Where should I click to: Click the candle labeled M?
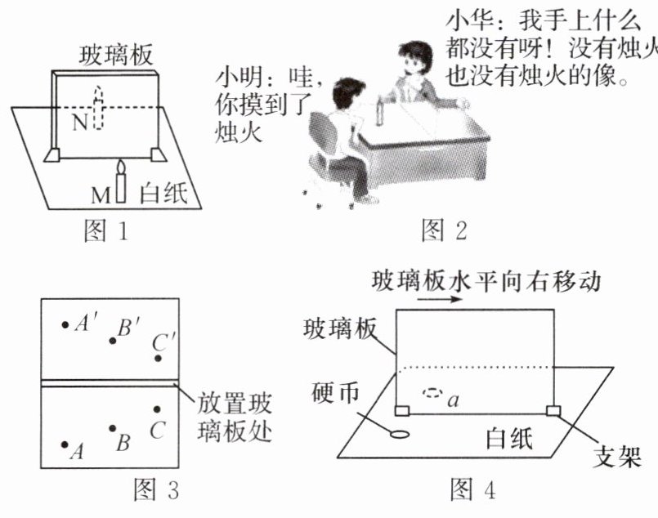click(x=121, y=184)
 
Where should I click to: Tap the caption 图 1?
click(x=107, y=232)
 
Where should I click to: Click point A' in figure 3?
click(x=65, y=324)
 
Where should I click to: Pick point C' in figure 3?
click(x=159, y=358)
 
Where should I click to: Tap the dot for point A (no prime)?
click(x=65, y=444)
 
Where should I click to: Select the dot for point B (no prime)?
click(x=113, y=427)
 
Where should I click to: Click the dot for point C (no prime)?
click(x=158, y=409)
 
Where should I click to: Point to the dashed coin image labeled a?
click(x=432, y=395)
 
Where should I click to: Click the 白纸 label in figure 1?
click(x=163, y=194)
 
